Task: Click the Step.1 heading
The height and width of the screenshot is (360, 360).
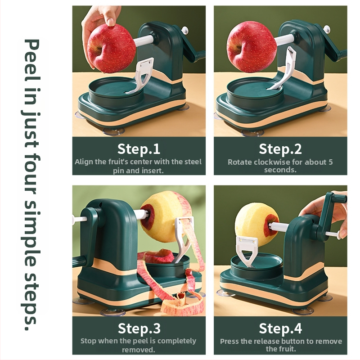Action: [139, 149]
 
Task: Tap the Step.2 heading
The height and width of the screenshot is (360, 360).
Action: [280, 149]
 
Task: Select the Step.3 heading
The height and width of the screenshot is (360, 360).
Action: [139, 328]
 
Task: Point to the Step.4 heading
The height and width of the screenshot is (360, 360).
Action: [280, 328]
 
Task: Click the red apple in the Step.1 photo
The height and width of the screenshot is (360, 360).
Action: [111, 49]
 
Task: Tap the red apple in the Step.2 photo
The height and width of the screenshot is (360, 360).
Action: [252, 47]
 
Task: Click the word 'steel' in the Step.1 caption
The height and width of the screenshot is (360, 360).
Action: [193, 162]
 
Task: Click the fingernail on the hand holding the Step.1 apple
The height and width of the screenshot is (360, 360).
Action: [111, 22]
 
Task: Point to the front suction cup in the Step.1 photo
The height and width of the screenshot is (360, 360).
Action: [114, 131]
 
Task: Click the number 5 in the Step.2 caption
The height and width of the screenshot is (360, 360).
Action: [330, 162]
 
